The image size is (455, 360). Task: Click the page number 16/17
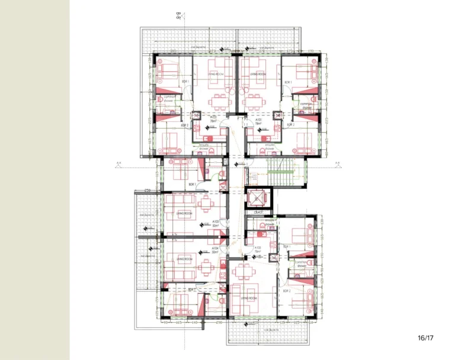425,338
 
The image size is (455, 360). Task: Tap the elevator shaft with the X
257,198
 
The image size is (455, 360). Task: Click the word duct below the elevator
258,212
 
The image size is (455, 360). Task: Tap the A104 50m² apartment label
215,250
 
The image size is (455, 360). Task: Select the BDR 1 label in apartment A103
191,185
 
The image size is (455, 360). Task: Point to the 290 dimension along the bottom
219,323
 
